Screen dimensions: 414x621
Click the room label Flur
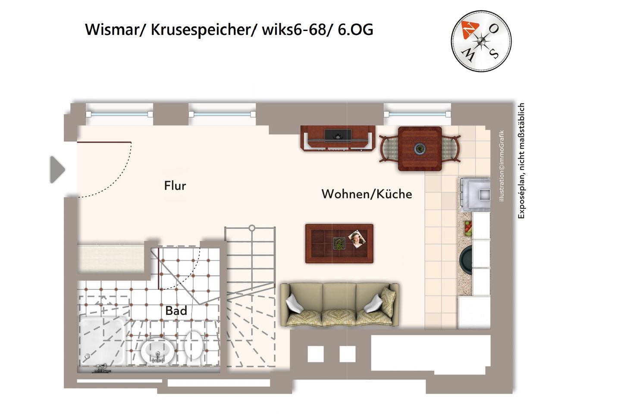175,186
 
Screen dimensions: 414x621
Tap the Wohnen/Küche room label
367,194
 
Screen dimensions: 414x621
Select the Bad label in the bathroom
176,310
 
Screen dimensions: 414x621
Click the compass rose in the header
481,41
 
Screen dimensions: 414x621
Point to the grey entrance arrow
57,169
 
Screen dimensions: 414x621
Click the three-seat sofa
339,304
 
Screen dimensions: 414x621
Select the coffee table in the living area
339,243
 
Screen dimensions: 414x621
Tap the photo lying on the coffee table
357,238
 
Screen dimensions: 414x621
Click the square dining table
420,148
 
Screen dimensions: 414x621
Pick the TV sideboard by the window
338,138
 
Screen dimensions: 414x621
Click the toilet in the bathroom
194,344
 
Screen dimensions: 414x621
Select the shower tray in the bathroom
102,341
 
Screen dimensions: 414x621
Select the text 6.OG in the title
355,30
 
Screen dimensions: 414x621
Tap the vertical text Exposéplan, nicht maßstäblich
521,160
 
